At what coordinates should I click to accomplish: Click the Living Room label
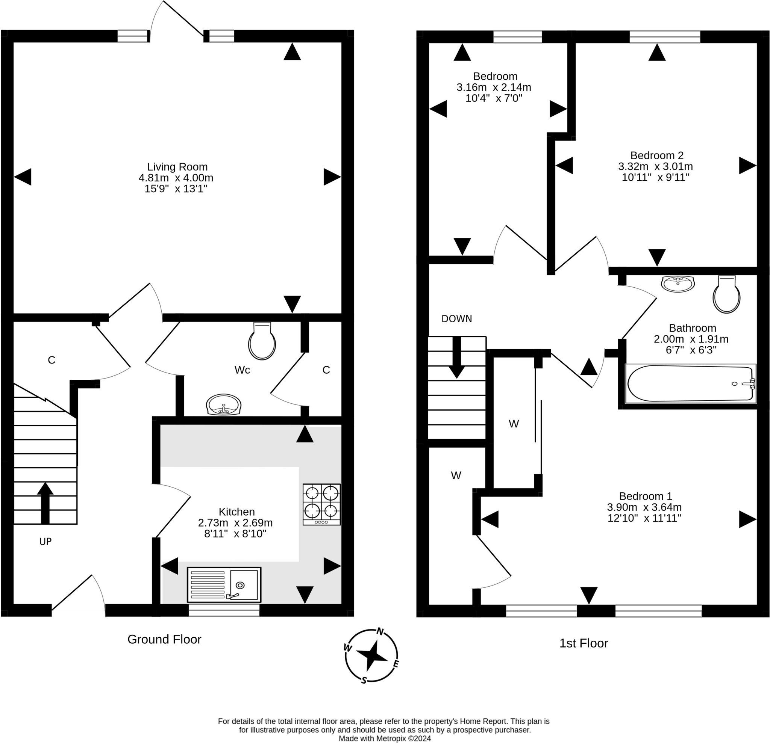click(x=177, y=167)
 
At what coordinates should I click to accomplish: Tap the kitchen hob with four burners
click(x=322, y=504)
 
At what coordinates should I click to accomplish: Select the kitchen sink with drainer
click(x=224, y=584)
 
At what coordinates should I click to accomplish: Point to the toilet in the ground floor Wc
click(x=262, y=341)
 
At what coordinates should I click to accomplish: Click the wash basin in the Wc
click(x=224, y=404)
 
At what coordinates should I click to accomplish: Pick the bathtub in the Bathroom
click(x=690, y=383)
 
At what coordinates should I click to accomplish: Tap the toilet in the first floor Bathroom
click(x=726, y=294)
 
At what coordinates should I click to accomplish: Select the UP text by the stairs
click(x=45, y=542)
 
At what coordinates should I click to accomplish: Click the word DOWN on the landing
click(x=456, y=318)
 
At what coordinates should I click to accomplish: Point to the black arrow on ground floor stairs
click(x=45, y=503)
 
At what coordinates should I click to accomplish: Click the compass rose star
click(x=371, y=655)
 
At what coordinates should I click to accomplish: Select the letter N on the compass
click(x=380, y=631)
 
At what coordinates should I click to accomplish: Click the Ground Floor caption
click(x=164, y=639)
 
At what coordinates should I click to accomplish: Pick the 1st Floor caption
click(x=584, y=643)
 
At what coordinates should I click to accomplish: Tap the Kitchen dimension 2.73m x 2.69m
click(x=235, y=523)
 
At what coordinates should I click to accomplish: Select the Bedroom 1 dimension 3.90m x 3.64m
click(x=644, y=507)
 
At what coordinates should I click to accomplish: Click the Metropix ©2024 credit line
click(x=385, y=738)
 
